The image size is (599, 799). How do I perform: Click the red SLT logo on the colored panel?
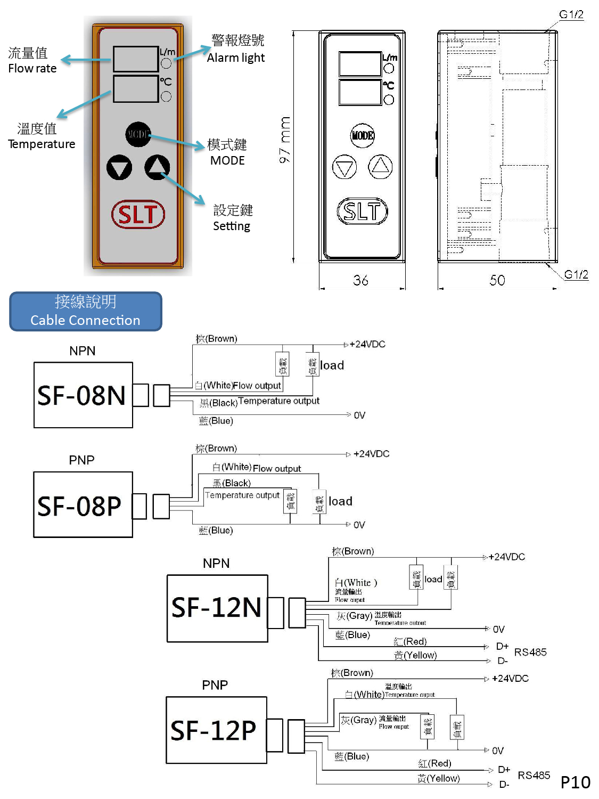(138, 215)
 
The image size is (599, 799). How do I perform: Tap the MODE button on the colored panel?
(138, 134)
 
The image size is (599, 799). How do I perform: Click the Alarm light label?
(236, 58)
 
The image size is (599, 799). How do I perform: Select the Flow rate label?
(32, 68)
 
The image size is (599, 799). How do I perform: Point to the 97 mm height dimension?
(285, 140)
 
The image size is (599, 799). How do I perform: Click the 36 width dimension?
(360, 280)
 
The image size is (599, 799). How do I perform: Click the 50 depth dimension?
(497, 280)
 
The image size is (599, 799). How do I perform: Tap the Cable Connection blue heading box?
(85, 311)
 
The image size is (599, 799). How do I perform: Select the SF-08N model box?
(83, 395)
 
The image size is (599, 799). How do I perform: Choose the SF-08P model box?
(83, 505)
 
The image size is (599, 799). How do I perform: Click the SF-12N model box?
(217, 608)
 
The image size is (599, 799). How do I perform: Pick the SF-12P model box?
(216, 730)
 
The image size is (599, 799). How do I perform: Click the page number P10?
(575, 782)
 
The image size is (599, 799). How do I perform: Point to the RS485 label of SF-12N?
(530, 653)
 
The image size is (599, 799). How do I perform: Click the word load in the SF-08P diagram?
(340, 501)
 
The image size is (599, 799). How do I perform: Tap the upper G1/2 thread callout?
(571, 14)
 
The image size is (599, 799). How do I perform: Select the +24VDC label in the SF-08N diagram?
(367, 344)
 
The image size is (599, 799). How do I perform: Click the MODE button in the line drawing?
(363, 135)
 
